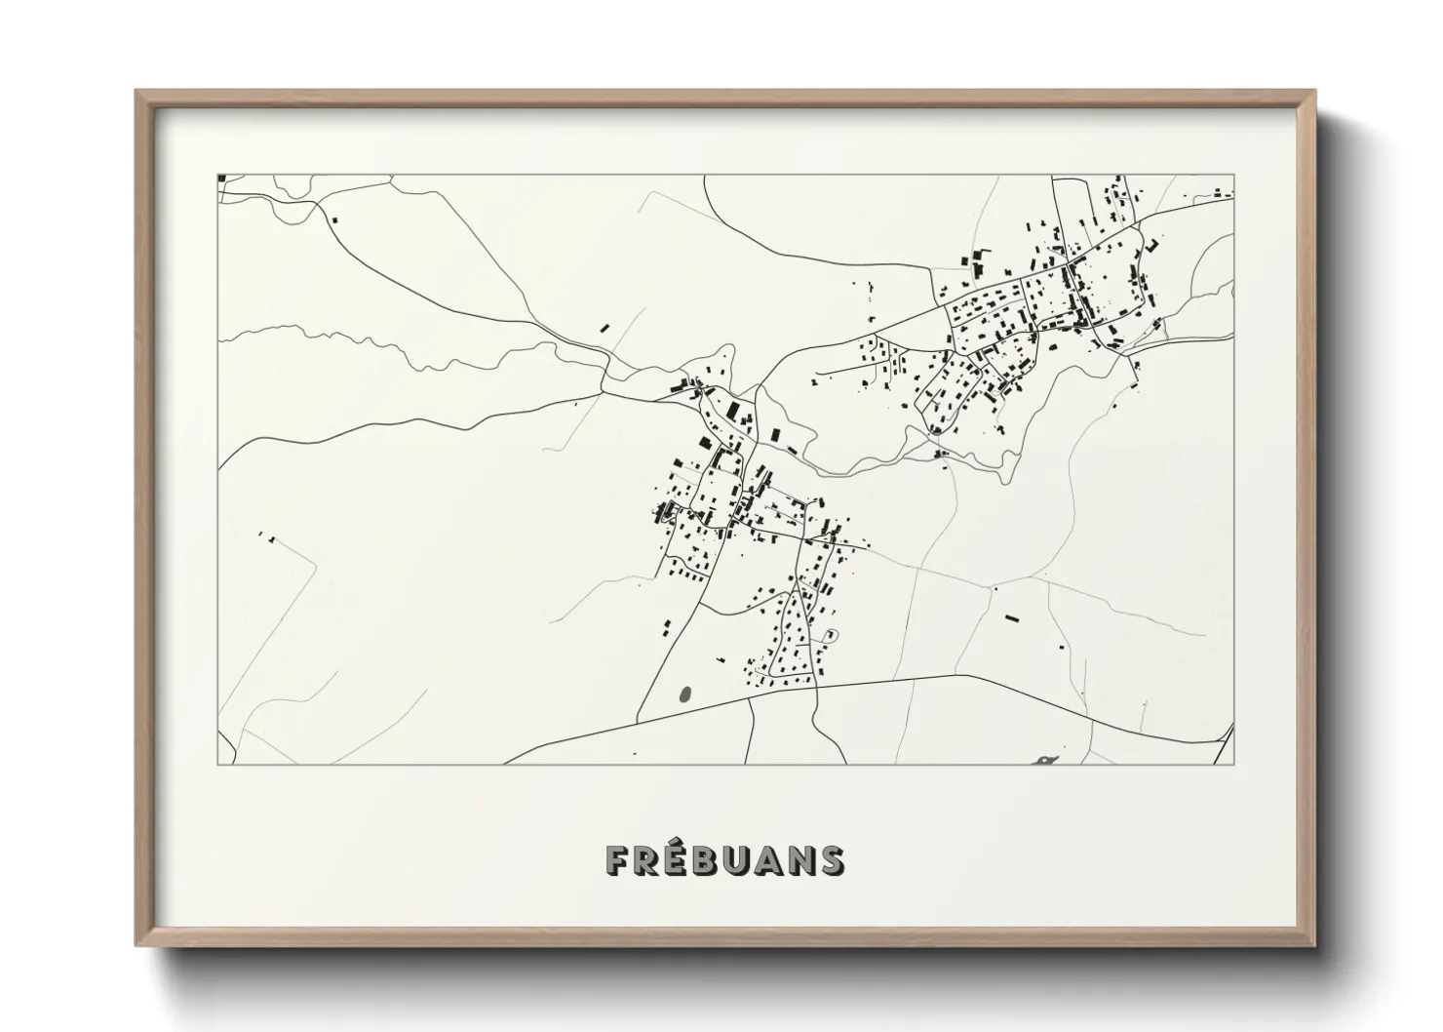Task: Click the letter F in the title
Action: (617, 859)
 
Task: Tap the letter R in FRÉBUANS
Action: (647, 859)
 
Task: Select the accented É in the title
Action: (679, 857)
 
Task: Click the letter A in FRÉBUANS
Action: (772, 859)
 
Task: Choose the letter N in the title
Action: (803, 859)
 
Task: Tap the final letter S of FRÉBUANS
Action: (834, 859)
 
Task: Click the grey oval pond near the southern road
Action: (684, 695)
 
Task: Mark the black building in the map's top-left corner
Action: (222, 179)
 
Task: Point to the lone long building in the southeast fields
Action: (1011, 617)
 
